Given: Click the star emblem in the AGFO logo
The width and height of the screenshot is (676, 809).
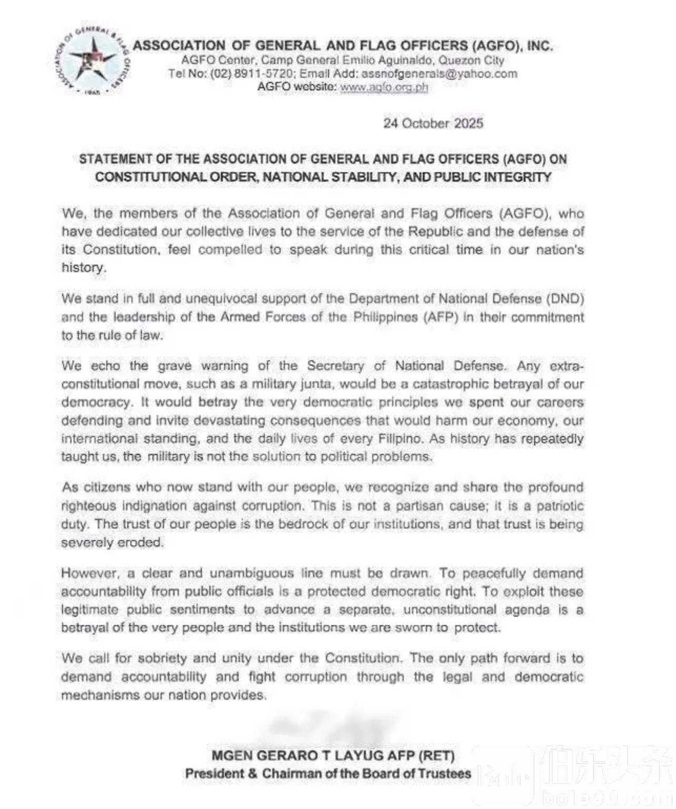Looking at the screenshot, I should (93, 58).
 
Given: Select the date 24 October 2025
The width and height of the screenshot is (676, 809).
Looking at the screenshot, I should (433, 123).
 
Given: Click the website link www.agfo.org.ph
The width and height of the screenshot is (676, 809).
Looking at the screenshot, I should (384, 87).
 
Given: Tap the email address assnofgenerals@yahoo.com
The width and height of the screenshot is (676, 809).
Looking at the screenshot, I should (439, 74).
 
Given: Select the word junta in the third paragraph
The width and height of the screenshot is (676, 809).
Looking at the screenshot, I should (314, 384).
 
